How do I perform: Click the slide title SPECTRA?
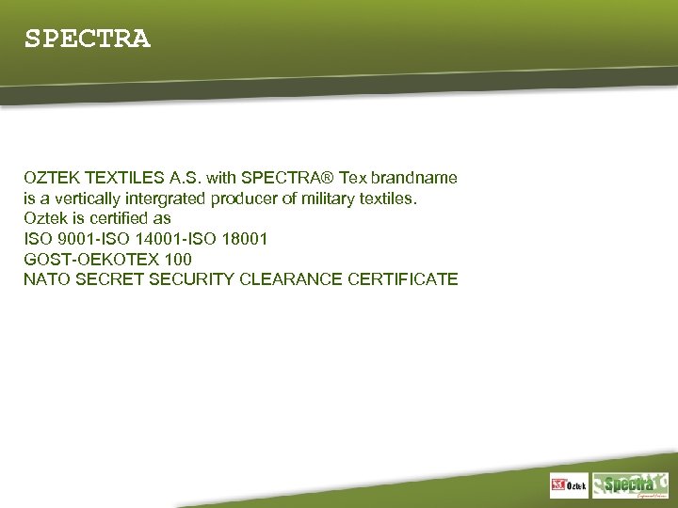tap(87, 40)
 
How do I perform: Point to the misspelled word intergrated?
tap(184, 198)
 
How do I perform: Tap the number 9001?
tap(78, 239)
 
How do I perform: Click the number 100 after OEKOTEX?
tap(178, 259)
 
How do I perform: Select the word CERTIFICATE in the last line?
tap(403, 279)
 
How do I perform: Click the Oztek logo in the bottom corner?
tap(570, 485)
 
